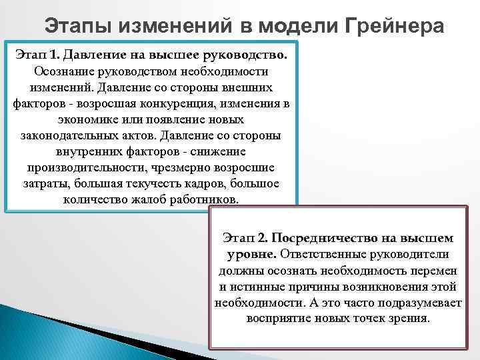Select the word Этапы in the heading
pos(81,26)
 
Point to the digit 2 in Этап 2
pos(263,238)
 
